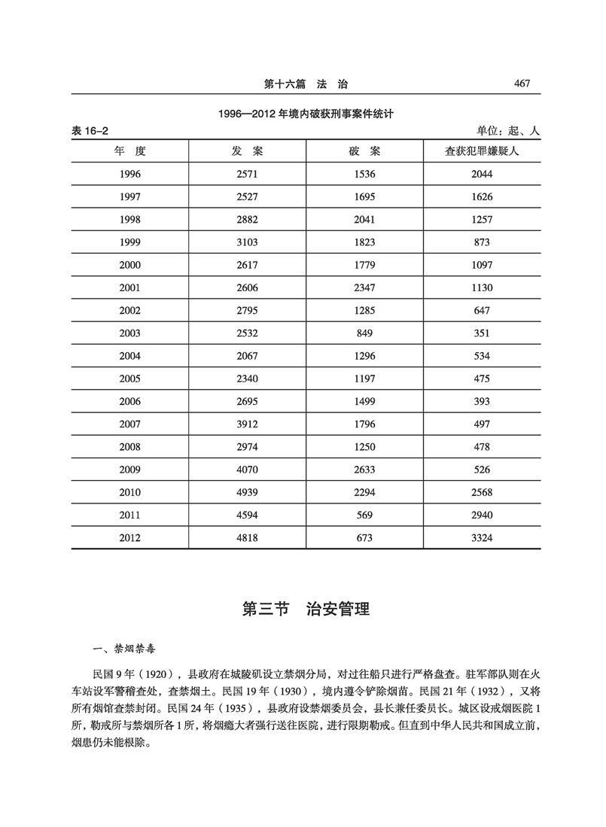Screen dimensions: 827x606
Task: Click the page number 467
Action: [522, 84]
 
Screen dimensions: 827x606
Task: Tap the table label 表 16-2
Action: [90, 131]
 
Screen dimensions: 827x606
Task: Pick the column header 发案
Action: [248, 151]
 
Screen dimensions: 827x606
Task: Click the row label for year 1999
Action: [129, 242]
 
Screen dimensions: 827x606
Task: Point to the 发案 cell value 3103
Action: [248, 242]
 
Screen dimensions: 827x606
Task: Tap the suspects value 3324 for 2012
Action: [483, 538]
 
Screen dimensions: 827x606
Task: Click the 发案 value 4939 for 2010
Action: [248, 492]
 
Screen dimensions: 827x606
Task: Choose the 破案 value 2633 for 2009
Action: [364, 470]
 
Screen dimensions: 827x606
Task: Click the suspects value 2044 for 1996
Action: [483, 174]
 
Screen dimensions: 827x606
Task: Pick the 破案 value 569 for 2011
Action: [364, 515]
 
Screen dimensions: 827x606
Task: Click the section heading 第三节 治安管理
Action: [305, 609]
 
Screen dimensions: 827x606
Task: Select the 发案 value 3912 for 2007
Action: [248, 425]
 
